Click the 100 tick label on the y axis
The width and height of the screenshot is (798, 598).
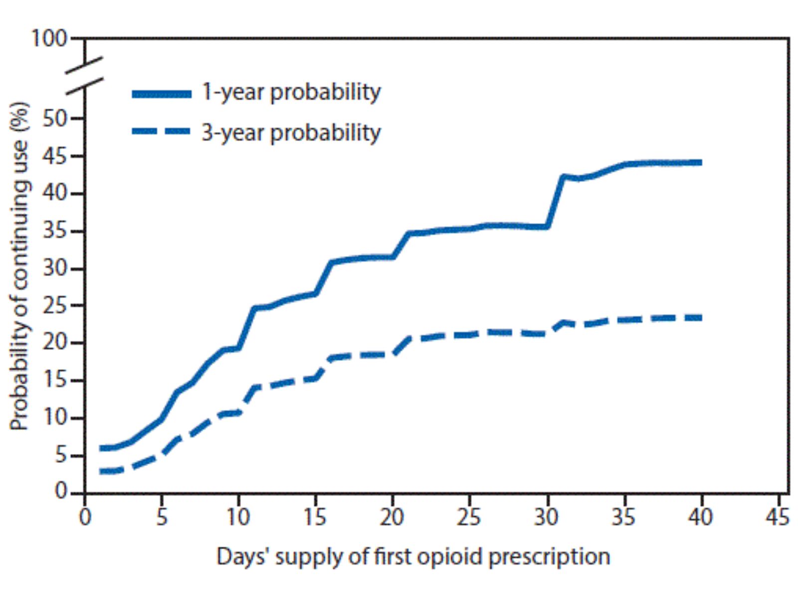click(x=48, y=38)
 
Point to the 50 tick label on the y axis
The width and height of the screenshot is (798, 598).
click(x=55, y=119)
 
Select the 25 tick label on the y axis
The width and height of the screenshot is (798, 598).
click(x=55, y=306)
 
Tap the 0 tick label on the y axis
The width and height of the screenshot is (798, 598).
click(x=61, y=492)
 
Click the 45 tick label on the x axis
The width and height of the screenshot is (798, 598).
click(x=778, y=517)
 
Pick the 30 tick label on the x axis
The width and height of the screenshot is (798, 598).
click(x=546, y=517)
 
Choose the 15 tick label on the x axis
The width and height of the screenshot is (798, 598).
click(x=315, y=517)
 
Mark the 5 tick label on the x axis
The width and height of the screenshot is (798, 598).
click(x=161, y=517)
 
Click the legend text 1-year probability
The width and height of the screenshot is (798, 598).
click(x=291, y=92)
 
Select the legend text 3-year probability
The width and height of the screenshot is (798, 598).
click(x=291, y=133)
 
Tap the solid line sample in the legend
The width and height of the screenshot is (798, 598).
click(x=162, y=94)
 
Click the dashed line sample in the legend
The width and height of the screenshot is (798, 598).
click(x=162, y=132)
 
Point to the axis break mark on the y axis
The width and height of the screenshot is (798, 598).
click(x=85, y=75)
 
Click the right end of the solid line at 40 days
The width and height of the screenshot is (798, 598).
click(x=700, y=162)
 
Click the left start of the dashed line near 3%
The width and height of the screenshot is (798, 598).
click(x=102, y=471)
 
